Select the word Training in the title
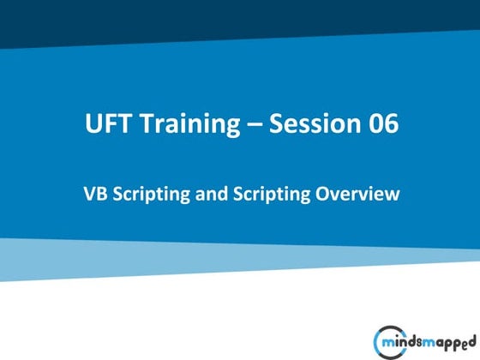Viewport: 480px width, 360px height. pos(185,125)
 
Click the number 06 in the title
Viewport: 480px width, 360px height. pos(384,125)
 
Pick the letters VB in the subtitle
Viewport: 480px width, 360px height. pos(93,194)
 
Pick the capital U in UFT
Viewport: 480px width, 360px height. pos(93,125)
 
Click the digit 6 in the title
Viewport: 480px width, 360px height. pos(391,125)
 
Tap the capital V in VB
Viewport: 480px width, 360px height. pos(88,194)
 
